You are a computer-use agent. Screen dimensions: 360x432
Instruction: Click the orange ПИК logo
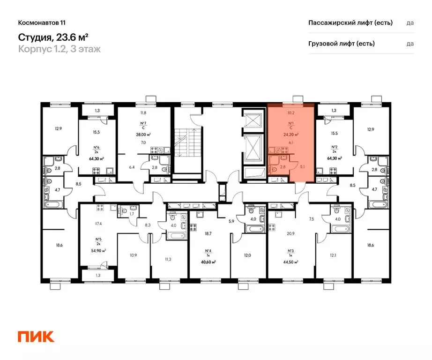36,336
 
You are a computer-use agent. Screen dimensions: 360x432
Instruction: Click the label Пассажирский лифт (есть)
350,22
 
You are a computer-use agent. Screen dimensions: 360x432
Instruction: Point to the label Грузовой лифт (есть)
341,44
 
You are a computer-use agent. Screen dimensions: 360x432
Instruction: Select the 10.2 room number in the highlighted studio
290,112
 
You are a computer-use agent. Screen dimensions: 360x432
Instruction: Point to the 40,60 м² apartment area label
207,262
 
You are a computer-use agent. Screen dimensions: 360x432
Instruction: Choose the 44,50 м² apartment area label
290,262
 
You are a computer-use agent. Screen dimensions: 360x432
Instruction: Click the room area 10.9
133,255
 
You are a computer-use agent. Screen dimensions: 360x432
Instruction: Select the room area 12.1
333,255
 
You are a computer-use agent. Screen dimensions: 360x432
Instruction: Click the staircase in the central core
184,141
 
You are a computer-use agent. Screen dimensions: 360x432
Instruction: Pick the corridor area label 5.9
231,222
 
